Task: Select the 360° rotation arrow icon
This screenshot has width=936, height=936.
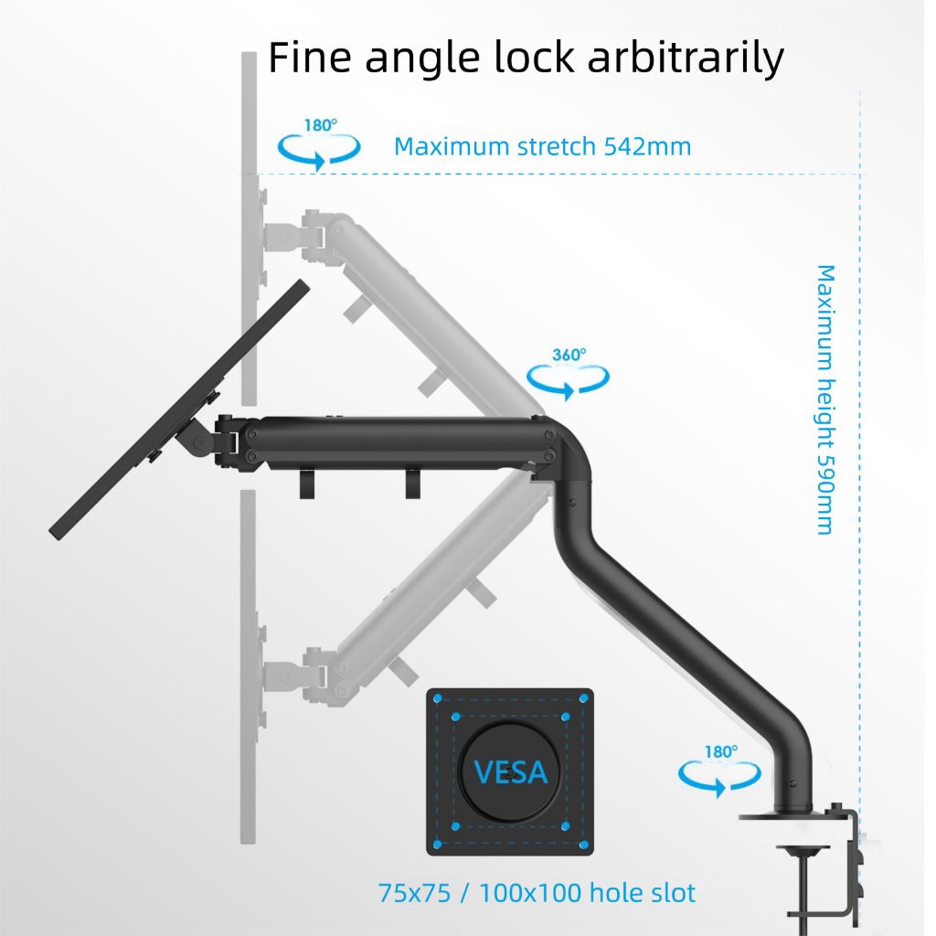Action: pyautogui.click(x=569, y=376)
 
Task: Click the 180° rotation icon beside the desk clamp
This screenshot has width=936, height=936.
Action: pyautogui.click(x=719, y=774)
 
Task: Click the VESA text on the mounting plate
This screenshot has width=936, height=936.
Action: pyautogui.click(x=511, y=773)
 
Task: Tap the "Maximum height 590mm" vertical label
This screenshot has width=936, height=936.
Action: pyautogui.click(x=825, y=399)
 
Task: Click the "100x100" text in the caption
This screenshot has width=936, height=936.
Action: pyautogui.click(x=517, y=893)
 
